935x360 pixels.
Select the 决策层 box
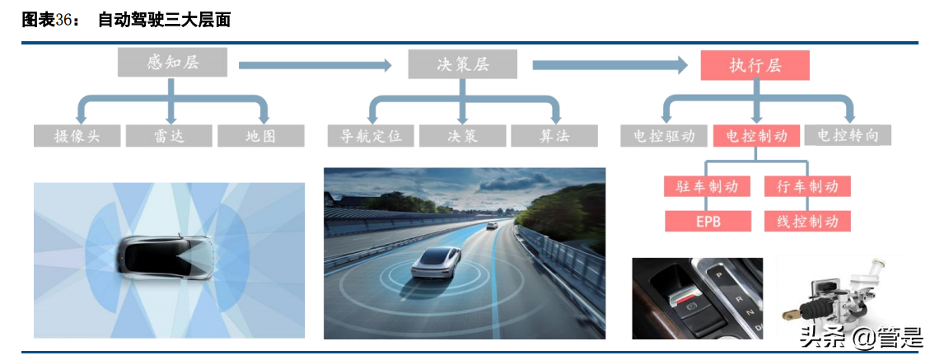click(462, 64)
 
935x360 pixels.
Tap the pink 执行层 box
click(755, 65)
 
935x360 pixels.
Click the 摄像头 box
click(77, 136)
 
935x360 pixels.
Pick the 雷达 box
click(171, 136)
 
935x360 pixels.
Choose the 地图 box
click(260, 136)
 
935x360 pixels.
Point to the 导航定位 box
click(371, 136)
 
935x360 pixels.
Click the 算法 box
click(554, 136)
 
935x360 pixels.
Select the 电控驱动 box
click(664, 136)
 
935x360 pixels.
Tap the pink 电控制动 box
click(757, 136)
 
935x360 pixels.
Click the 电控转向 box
click(847, 136)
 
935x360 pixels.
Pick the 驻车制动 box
click(707, 186)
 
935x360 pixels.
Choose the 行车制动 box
click(806, 186)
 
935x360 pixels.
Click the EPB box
click(707, 221)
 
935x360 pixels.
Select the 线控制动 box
click(806, 221)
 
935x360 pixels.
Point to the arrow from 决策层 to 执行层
click(610, 64)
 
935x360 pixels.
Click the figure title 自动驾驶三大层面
click(164, 21)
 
